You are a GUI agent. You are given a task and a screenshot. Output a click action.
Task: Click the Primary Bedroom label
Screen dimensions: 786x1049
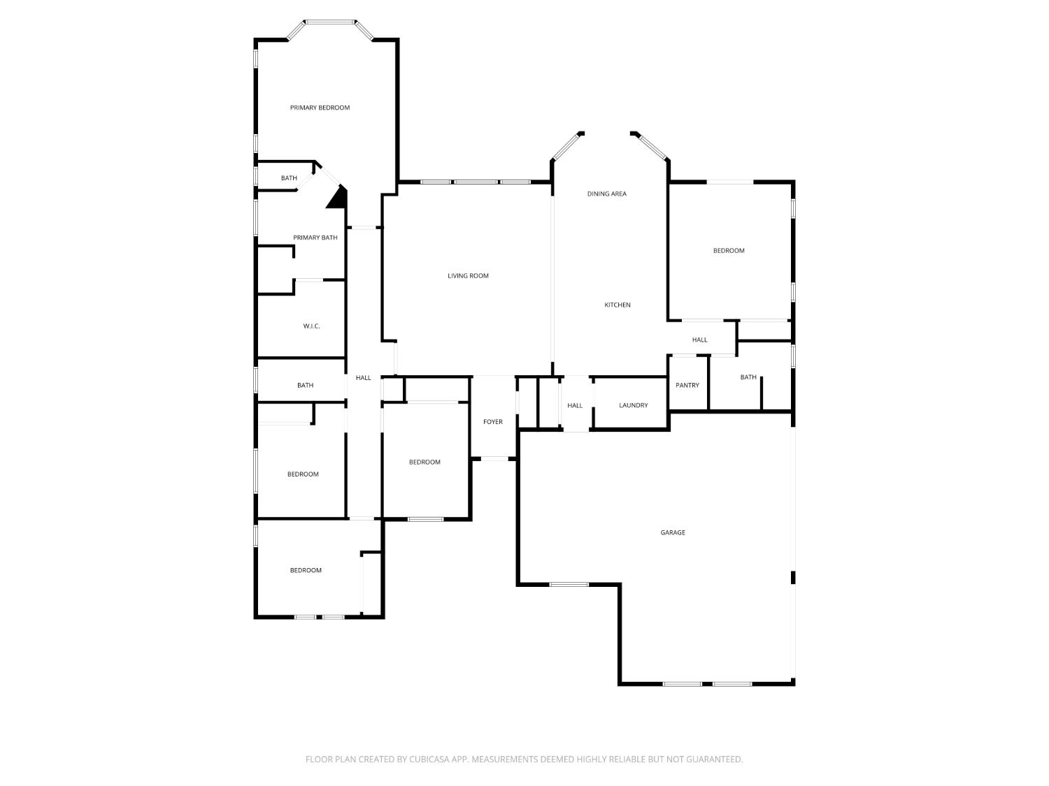[x=320, y=108]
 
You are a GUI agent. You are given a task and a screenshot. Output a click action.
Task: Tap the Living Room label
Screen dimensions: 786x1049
[x=468, y=276]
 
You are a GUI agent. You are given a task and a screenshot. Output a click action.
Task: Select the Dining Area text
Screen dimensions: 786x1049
[x=606, y=194]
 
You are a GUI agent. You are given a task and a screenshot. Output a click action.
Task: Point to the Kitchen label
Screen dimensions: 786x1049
[x=618, y=305]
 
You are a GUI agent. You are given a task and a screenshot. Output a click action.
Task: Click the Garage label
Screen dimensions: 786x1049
[x=673, y=532]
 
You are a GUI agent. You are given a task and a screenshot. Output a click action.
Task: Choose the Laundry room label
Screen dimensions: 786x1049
[x=633, y=405]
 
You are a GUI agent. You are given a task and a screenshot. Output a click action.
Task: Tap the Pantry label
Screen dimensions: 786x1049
[x=687, y=385]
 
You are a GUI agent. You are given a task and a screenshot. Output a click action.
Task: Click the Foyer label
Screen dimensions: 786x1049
[x=492, y=422]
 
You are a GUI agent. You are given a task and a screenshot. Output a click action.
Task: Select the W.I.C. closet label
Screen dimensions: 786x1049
[x=311, y=326]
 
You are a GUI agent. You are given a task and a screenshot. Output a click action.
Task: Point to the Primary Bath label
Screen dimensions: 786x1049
[x=315, y=238]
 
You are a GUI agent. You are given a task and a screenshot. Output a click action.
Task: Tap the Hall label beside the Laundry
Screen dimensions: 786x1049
[x=575, y=405]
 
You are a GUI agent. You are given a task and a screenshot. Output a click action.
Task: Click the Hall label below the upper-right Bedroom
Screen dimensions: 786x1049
[x=699, y=340]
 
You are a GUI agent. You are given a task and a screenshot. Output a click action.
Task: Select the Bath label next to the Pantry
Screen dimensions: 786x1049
[x=748, y=377]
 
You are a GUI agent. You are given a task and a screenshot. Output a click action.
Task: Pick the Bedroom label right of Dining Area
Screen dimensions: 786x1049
[x=729, y=251]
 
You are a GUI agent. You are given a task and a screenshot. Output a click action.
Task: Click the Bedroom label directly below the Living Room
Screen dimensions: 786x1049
[x=424, y=462]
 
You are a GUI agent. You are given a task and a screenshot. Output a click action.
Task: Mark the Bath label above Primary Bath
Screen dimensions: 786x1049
[x=289, y=178]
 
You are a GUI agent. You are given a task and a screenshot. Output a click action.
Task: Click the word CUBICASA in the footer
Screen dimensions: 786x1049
[x=429, y=759]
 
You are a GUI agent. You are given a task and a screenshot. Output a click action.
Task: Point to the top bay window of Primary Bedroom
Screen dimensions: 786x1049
[x=330, y=22]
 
